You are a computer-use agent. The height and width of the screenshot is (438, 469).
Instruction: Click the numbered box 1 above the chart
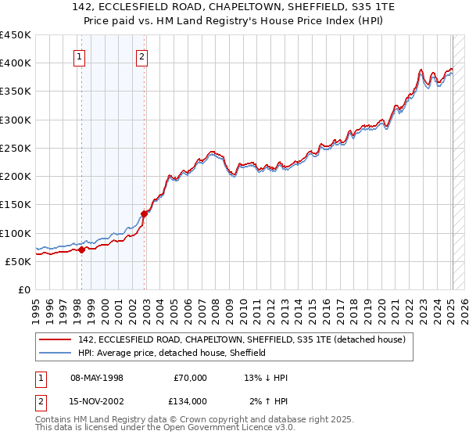click(x=81, y=56)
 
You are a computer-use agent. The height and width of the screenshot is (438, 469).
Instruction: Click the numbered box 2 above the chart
click(x=141, y=56)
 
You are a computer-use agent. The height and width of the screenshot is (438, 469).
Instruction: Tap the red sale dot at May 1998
click(x=81, y=250)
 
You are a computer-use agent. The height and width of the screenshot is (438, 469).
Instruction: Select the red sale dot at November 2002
click(x=145, y=213)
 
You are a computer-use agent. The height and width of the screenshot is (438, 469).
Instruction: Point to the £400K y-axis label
click(x=16, y=63)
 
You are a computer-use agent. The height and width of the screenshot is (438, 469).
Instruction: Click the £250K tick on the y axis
click(x=16, y=148)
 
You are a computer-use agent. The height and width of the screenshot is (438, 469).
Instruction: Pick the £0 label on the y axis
click(x=23, y=289)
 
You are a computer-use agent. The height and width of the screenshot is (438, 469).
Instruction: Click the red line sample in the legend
click(x=55, y=340)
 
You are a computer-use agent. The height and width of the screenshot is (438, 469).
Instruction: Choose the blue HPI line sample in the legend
click(x=55, y=354)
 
